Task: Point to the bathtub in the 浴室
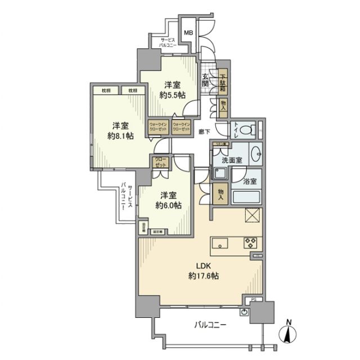click(246, 198)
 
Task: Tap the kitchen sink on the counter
click(220, 243)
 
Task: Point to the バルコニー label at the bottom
click(211, 325)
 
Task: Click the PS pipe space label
click(253, 300)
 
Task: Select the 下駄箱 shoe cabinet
click(223, 83)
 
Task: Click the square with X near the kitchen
click(251, 215)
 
